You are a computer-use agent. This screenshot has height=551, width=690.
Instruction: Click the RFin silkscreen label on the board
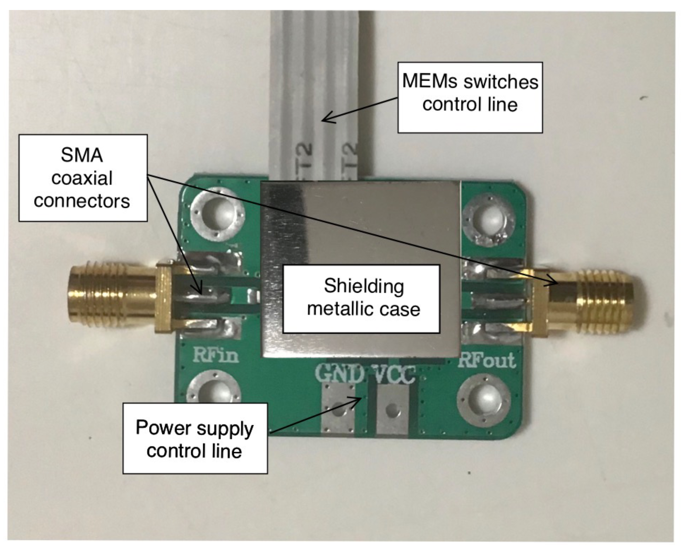coord(216,355)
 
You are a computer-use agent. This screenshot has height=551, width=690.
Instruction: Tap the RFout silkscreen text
coord(486,361)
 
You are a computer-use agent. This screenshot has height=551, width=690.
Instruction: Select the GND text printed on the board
coord(339,373)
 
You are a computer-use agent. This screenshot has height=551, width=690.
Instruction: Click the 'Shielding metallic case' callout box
coord(361,299)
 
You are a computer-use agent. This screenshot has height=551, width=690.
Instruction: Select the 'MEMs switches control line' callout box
coord(470,98)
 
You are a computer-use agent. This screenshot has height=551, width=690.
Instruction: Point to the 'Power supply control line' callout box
coord(195,439)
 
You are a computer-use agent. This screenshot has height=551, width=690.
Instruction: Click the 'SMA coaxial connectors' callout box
coord(83,178)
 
